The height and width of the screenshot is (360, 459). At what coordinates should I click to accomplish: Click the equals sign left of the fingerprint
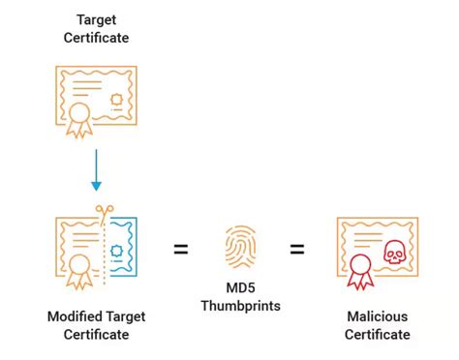coord(180,250)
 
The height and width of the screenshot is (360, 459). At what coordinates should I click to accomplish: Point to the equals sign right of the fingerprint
coord(295,250)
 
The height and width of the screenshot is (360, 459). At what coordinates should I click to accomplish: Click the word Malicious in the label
coord(377,317)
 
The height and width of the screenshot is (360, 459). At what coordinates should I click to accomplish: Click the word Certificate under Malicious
coord(377,335)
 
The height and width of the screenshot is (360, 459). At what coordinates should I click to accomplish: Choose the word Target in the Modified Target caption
coord(127,317)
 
